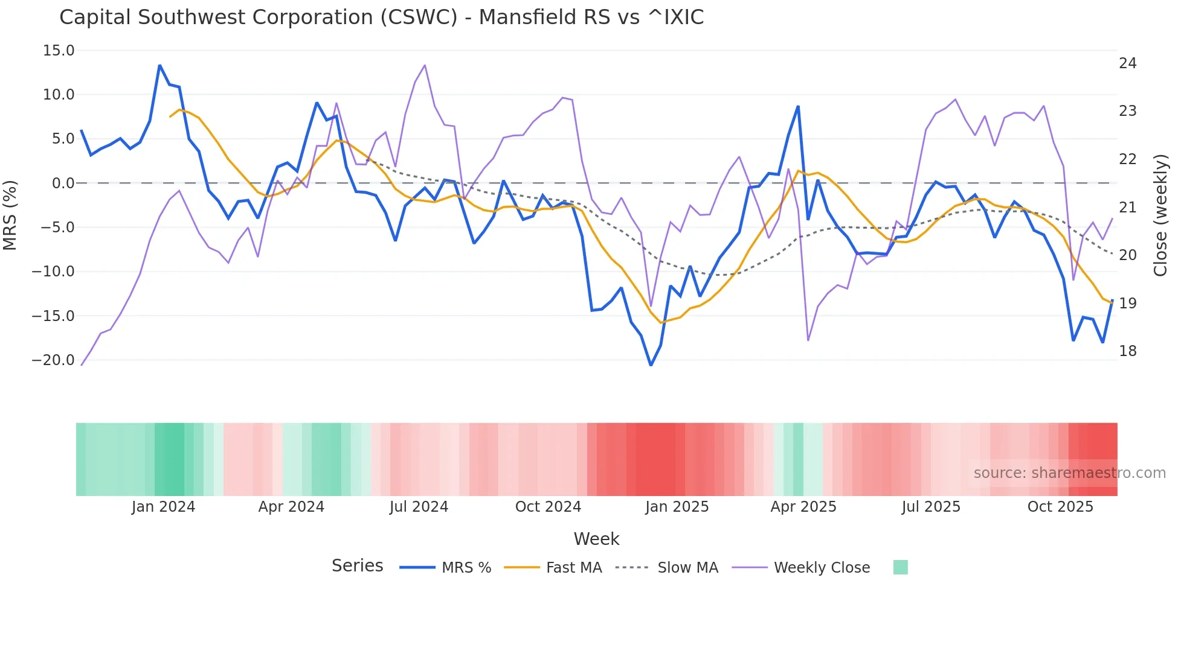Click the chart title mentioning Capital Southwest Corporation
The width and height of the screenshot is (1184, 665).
[x=381, y=17]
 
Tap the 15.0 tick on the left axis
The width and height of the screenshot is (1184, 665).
[x=59, y=51]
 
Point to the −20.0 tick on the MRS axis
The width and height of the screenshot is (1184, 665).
[x=53, y=360]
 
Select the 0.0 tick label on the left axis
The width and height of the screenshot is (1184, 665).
[x=63, y=183]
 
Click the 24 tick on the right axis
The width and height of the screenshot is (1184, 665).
[x=1127, y=63]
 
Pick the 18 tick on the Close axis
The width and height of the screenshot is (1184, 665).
[x=1127, y=351]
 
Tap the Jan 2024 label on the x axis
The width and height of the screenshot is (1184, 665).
[x=163, y=507]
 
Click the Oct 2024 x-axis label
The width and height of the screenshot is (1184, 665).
[x=548, y=507]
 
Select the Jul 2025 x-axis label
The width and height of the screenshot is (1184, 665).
[x=931, y=507]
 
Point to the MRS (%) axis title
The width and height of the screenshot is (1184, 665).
[x=10, y=215]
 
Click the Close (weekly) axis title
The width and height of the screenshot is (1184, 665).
[x=1160, y=215]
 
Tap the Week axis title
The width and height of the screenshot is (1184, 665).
[x=596, y=539]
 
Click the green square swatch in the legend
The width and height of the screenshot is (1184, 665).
[x=900, y=567]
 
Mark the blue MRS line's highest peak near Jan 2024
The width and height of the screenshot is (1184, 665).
[x=159, y=65]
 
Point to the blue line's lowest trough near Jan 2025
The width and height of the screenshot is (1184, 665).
[x=651, y=365]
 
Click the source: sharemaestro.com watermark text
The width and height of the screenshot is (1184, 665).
[x=1069, y=473]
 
